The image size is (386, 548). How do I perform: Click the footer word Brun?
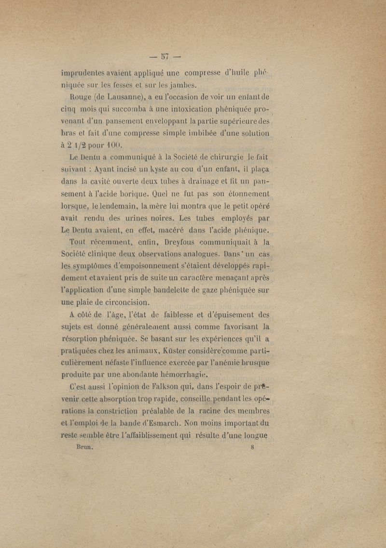tap(84, 446)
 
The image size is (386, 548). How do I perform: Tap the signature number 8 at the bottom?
tap(252, 446)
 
